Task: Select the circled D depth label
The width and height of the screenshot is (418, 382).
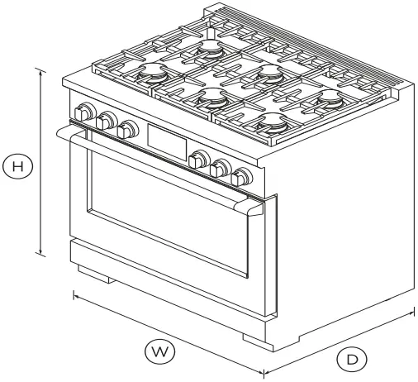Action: (352, 360)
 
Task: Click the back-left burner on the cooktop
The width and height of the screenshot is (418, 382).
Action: (209, 50)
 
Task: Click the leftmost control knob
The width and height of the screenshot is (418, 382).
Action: (83, 113)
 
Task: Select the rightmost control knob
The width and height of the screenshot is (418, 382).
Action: (242, 177)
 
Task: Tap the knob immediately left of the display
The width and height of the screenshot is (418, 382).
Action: (128, 131)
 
